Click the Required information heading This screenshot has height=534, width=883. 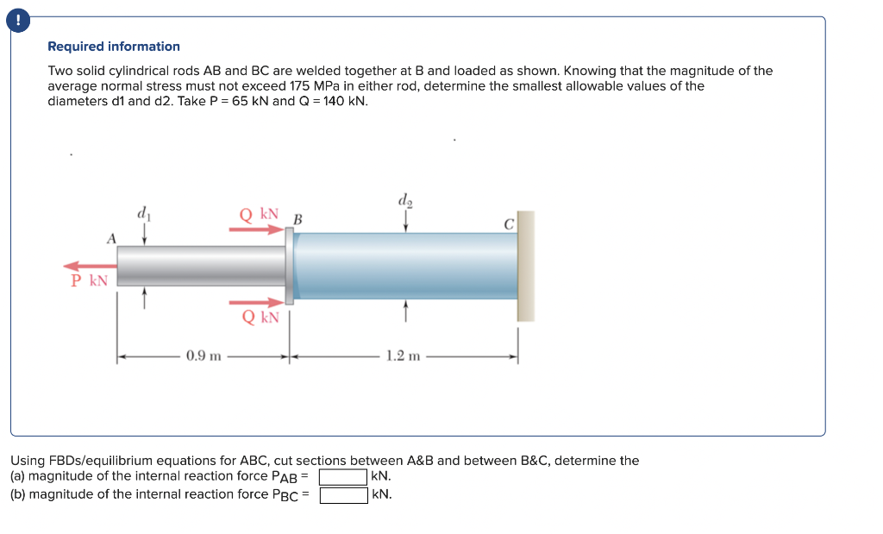point(114,47)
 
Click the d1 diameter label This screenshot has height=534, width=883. point(143,212)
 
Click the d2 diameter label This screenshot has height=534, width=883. point(405,201)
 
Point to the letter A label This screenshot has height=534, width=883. point(111,238)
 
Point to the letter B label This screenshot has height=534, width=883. point(297,219)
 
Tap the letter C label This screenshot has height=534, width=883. point(509,223)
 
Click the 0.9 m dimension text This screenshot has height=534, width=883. point(204,355)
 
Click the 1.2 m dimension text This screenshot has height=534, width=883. point(403,355)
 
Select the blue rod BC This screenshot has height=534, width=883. point(405,266)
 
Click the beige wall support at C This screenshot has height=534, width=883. point(525,266)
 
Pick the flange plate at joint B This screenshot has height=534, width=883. point(289,266)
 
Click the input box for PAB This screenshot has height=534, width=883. point(344,476)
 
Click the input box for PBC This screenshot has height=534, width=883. point(344,495)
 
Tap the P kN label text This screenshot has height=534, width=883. point(90,281)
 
